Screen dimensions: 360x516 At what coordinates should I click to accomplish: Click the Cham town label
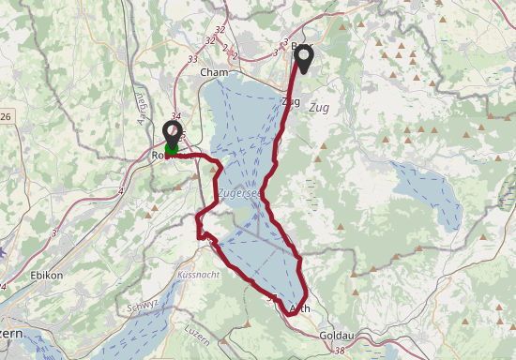click(214, 72)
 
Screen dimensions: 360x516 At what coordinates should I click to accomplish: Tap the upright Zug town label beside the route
click(290, 102)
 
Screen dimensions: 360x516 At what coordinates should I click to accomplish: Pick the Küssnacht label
click(196, 275)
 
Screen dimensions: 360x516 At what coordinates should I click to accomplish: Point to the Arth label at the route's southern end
click(300, 308)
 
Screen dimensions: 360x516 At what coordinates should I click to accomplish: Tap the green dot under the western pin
click(173, 148)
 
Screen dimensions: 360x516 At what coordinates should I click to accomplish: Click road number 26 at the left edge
click(5, 117)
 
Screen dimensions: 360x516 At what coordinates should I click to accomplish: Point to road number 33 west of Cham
click(193, 59)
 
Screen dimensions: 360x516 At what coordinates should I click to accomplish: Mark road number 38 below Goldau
click(338, 352)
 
